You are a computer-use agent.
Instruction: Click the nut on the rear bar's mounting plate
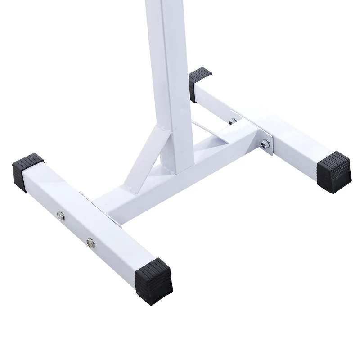pyautogui.click(x=265, y=144)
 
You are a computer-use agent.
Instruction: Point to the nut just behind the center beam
pyautogui.click(x=233, y=121)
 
